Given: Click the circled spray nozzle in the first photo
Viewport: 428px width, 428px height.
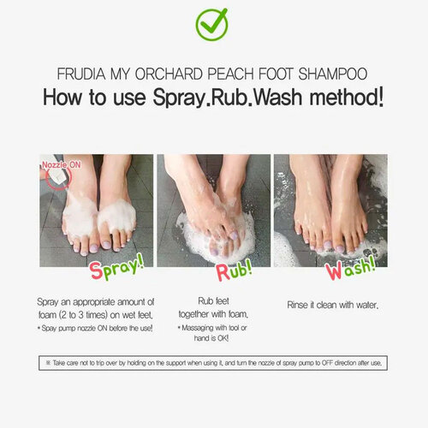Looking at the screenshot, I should click(57, 175).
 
